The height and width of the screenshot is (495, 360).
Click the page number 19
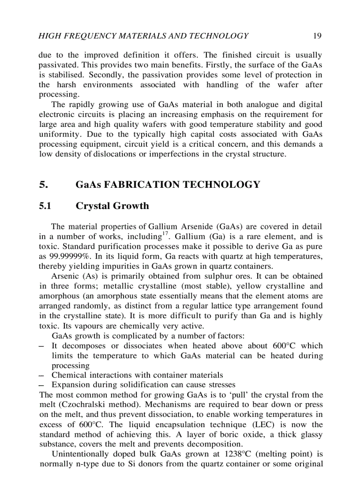317,36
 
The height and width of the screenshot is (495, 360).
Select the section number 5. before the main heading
44,185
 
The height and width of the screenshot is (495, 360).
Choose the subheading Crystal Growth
112,206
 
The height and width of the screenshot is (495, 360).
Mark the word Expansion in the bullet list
71,385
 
